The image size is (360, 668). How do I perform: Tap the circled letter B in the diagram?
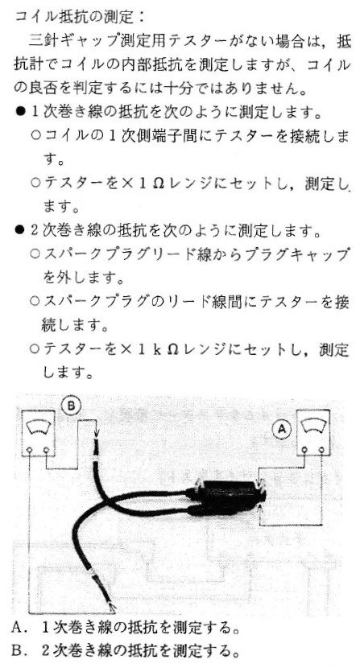pyautogui.click(x=71, y=405)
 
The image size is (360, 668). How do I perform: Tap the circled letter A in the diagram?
pyautogui.click(x=282, y=430)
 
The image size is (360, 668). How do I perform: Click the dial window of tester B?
pyautogui.click(x=38, y=426)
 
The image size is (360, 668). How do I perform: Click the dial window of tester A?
pyautogui.click(x=313, y=427)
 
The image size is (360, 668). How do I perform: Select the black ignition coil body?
pyautogui.click(x=230, y=497)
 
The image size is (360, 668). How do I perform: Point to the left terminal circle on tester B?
pyautogui.click(x=29, y=449)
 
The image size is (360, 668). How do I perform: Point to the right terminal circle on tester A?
pyautogui.click(x=321, y=450)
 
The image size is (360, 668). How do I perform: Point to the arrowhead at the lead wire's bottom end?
pyautogui.click(x=112, y=608)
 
